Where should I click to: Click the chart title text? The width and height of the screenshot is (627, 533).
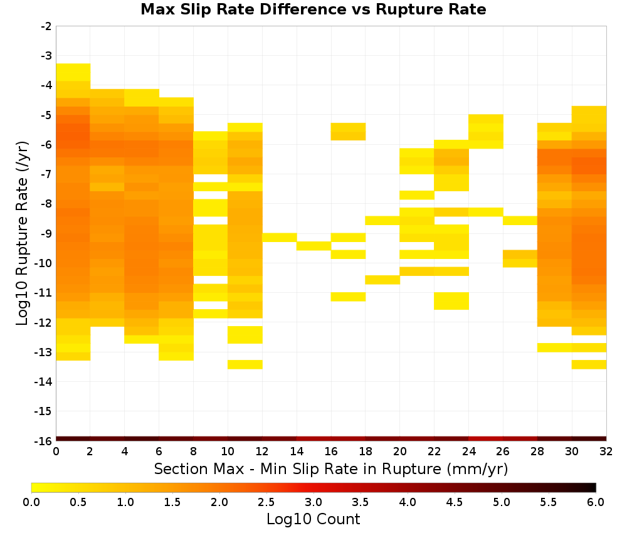pos(313,9)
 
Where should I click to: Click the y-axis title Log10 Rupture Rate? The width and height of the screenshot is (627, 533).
pos(22,233)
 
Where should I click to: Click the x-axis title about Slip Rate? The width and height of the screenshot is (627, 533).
pos(330,468)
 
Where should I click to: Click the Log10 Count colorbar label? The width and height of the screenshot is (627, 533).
pos(313,519)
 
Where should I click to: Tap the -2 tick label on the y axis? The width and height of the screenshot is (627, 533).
pos(46,26)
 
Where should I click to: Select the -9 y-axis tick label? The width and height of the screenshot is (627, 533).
pos(46,233)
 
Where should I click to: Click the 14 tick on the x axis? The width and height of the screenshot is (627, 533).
pos(297,452)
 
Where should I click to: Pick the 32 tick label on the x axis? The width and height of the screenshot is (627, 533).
pos(606,452)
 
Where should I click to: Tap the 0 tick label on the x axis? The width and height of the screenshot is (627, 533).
pos(56,452)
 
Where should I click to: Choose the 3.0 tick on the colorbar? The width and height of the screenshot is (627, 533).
pos(313,502)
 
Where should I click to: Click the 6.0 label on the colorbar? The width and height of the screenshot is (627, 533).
pos(596,502)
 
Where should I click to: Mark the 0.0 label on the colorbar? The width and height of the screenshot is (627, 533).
pos(31,502)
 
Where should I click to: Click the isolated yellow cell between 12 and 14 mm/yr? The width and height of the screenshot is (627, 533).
pos(280,238)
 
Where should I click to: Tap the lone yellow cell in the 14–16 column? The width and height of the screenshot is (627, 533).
pos(314,246)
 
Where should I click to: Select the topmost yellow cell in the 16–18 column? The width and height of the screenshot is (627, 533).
pos(348,132)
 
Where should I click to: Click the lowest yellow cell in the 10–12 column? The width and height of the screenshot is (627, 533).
pos(245,364)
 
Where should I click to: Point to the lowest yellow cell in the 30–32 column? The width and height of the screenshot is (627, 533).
pos(589,364)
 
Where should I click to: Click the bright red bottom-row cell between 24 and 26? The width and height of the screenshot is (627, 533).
pos(486,439)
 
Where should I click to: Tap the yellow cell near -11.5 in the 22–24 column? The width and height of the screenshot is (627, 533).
pos(451,301)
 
